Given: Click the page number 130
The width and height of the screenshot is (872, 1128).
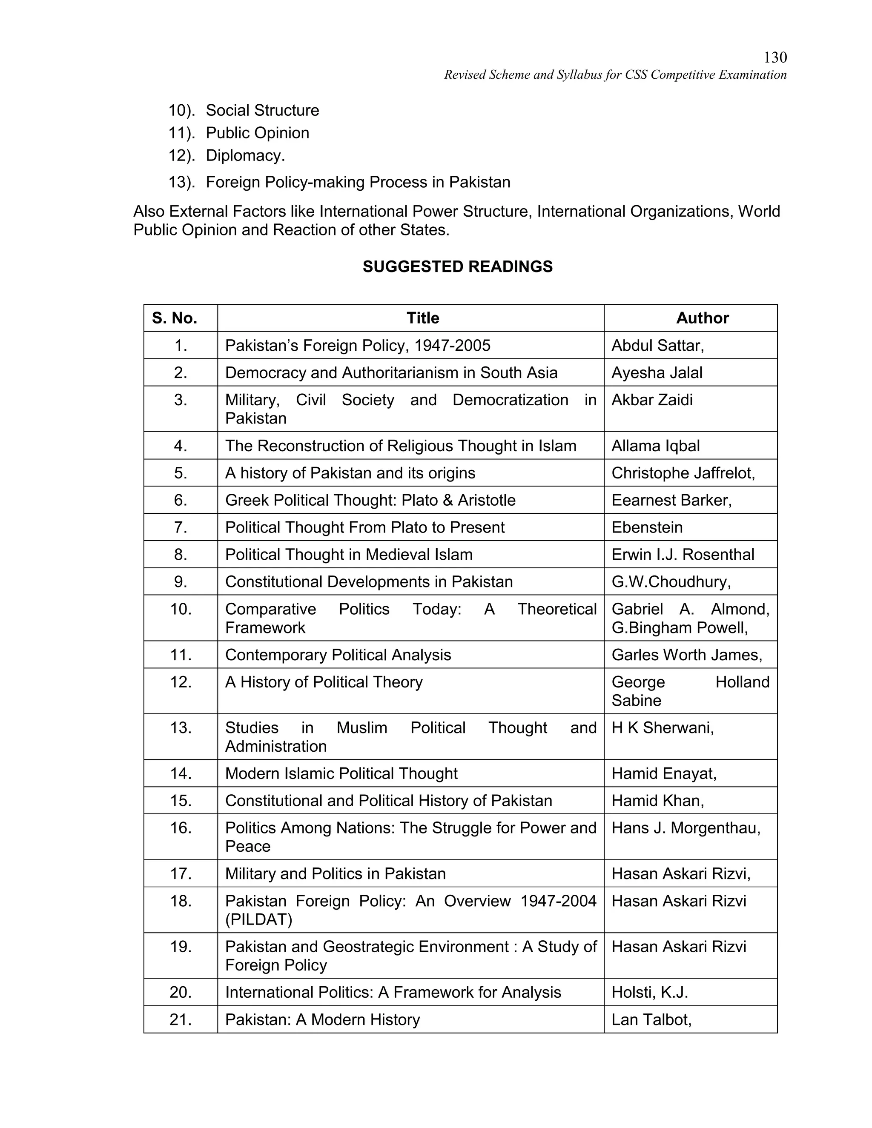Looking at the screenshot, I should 775,57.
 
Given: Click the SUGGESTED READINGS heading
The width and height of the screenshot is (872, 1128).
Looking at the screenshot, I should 457,266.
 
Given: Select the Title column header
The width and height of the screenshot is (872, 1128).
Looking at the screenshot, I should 422,318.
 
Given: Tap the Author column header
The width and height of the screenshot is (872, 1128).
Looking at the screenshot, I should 702,318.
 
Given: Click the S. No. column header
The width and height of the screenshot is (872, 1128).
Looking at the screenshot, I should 175,318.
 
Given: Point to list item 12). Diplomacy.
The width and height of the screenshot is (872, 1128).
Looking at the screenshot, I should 227,155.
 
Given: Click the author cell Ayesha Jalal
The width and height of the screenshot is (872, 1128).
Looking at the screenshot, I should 657,373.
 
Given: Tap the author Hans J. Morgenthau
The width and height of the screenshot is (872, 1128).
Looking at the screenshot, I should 686,828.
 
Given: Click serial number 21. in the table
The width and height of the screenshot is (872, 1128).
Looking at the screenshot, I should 180,1019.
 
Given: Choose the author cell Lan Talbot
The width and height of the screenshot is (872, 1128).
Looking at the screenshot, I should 651,1019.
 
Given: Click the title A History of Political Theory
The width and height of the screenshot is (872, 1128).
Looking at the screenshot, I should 324,682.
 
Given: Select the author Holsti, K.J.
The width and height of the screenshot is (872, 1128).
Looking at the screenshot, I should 649,992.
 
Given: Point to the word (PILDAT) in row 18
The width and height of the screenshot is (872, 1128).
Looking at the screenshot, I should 258,919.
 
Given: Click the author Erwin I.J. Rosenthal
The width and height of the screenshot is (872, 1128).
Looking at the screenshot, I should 683,555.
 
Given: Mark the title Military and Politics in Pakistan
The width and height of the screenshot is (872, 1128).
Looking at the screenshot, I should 335,873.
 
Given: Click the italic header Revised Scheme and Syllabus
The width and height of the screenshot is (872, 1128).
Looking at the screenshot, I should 615,75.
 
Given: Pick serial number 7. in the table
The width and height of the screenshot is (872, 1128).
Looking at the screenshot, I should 180,527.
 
